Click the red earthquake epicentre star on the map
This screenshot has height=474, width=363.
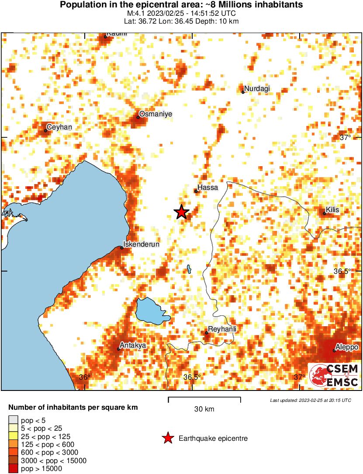click(181, 212)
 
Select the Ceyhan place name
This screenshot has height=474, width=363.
click(59, 127)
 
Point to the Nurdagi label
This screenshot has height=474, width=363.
click(257, 89)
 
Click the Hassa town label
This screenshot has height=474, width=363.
click(207, 188)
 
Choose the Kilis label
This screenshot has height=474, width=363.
click(333, 209)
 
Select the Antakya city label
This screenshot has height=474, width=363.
click(133, 345)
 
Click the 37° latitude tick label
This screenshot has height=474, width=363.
click(345, 137)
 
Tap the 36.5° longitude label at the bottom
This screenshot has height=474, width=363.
click(192, 377)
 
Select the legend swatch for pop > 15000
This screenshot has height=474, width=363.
click(14, 469)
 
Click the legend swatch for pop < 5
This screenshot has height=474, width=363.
click(14, 420)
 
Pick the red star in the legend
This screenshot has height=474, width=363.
click(167, 439)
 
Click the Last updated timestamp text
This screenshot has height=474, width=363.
click(310, 400)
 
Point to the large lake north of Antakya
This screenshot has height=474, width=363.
click(151, 311)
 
